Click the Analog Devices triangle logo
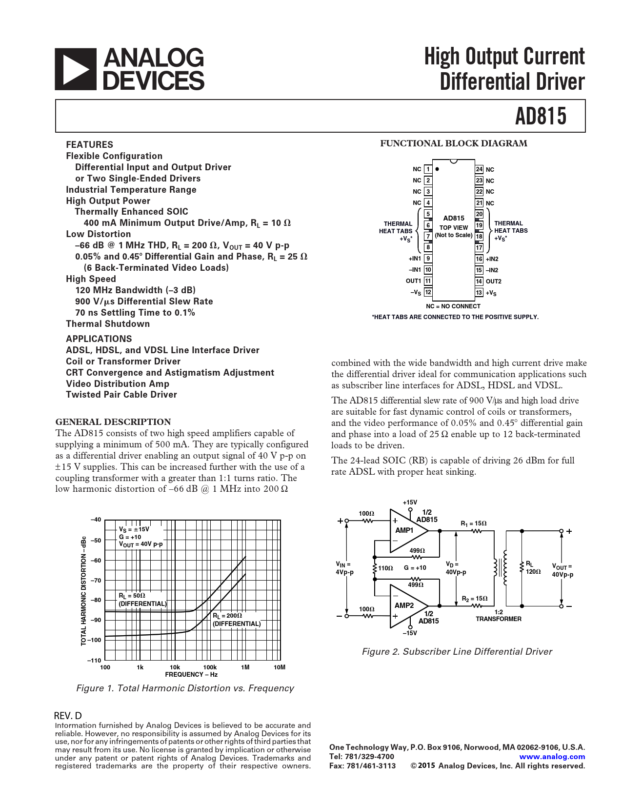point(75,69)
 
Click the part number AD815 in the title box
point(541,116)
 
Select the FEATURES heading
point(89,144)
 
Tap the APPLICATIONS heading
point(99,339)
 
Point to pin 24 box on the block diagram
point(479,169)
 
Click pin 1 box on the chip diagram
point(427,169)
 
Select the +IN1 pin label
point(415,259)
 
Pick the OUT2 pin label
point(493,282)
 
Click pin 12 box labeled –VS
point(427,292)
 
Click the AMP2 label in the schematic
point(404,605)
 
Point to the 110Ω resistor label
point(385,568)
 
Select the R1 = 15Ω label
point(473,523)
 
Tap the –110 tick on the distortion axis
point(95,661)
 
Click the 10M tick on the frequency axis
point(280,667)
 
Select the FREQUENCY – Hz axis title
point(191,675)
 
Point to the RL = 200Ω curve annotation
point(236,620)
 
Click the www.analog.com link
point(552,757)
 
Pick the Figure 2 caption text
point(457,652)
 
